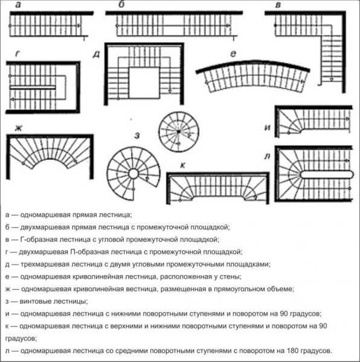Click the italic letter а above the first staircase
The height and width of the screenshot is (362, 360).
click(x=18, y=5)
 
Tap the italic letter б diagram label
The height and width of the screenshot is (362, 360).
click(x=121, y=4)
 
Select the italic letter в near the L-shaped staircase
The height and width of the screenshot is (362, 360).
click(x=278, y=5)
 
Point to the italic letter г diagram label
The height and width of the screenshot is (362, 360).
click(x=18, y=54)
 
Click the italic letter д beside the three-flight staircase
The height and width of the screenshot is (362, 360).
click(x=97, y=54)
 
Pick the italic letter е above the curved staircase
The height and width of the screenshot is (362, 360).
click(x=233, y=54)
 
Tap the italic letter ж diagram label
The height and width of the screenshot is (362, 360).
click(x=19, y=128)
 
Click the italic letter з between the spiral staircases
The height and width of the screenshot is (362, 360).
click(x=137, y=136)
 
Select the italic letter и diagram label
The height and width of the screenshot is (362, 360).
click(x=268, y=127)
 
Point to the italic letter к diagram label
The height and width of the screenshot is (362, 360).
click(x=182, y=165)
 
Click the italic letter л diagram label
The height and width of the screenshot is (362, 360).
click(x=267, y=156)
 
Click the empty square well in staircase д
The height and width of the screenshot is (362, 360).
click(x=144, y=83)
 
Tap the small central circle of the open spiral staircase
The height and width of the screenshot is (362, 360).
click(x=133, y=174)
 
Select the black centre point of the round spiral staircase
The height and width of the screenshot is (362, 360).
click(x=179, y=132)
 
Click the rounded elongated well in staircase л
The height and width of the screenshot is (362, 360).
click(x=327, y=174)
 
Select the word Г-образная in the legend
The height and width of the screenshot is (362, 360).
click(x=39, y=240)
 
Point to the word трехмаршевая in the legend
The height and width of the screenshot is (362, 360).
click(x=44, y=264)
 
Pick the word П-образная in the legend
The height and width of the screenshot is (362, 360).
click(x=89, y=252)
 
